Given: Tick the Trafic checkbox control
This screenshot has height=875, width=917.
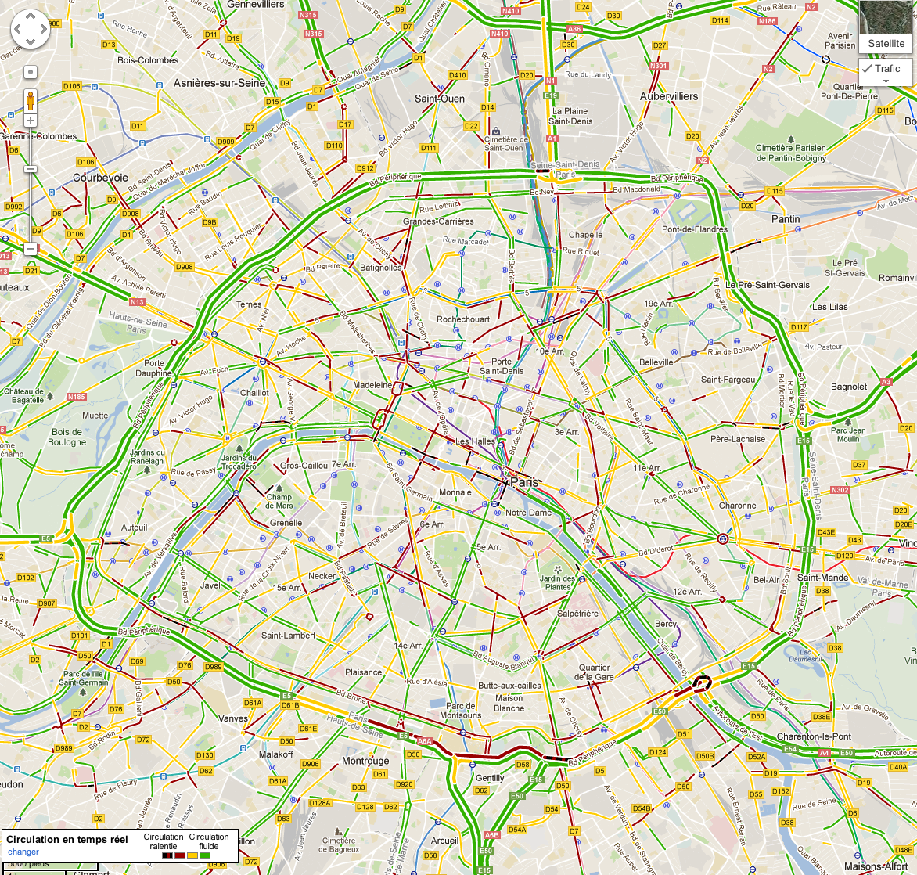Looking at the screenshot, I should pos(868,69).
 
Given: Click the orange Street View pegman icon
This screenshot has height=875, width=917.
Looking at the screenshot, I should pos(31,100).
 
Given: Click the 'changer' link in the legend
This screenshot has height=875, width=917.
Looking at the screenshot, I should pos(23,852).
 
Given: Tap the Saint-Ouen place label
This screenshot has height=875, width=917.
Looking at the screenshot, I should pos(440,99).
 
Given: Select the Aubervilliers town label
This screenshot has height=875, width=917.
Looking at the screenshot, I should pos(669,96).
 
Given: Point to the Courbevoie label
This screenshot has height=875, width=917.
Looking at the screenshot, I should pos(100,178).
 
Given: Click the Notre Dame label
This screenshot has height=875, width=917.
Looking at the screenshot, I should pos(528,513).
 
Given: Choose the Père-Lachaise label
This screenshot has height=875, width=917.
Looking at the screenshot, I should pos(738,439).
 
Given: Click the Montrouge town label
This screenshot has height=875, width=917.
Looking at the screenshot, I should pos(365,761).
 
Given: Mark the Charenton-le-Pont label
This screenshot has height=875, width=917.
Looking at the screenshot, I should pos(814,736).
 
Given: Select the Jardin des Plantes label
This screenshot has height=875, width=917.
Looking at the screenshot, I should pos(557,582).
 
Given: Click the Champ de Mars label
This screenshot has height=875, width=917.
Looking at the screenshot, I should pos(279,501).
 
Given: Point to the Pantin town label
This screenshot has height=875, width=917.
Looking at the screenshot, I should pos(786,219).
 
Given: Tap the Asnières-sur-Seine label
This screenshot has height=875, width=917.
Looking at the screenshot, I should pos(219,83).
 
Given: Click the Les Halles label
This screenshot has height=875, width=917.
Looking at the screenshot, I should pos(475,441).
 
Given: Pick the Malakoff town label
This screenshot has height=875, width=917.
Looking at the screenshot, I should pos(276,754).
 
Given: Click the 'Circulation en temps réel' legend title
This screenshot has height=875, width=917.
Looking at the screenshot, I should pos(67,839).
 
